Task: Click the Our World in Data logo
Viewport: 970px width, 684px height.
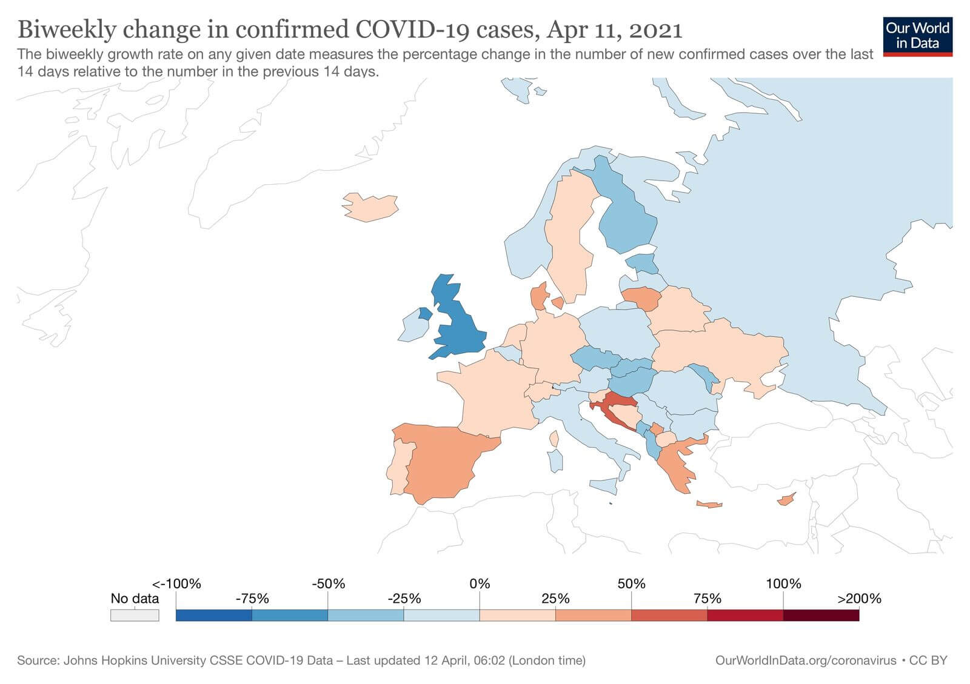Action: point(917,36)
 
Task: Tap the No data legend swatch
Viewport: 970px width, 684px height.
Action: point(135,616)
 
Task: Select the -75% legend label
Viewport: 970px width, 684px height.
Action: point(252,599)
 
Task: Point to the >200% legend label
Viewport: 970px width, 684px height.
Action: point(859,599)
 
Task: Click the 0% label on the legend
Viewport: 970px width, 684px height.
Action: point(480,583)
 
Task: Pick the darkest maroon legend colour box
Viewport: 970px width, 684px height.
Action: point(821,616)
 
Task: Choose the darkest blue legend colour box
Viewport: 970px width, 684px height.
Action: point(213,616)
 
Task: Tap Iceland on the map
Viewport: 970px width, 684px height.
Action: point(370,207)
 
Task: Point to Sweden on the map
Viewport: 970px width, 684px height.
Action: point(570,236)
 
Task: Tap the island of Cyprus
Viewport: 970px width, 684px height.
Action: point(786,500)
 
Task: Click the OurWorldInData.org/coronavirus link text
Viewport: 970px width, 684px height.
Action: point(805,660)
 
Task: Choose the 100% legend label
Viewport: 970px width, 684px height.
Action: point(783,583)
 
